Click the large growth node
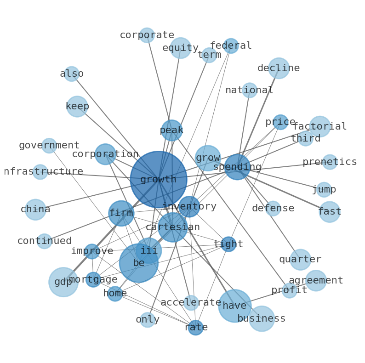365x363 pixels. (x=159, y=179)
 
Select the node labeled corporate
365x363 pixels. (x=147, y=35)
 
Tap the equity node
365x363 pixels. (x=180, y=48)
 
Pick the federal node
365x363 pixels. (x=231, y=46)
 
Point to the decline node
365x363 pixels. (x=279, y=68)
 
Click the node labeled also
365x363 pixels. (x=71, y=74)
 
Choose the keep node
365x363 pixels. (x=77, y=107)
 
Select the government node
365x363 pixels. (x=49, y=146)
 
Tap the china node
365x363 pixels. (x=35, y=210)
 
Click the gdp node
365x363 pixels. (x=63, y=282)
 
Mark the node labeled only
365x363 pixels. (x=148, y=320)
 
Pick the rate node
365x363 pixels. (x=196, y=328)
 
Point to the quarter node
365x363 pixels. (x=300, y=260)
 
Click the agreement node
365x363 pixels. (x=316, y=281)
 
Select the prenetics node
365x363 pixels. (x=330, y=162)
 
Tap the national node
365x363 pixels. (x=250, y=90)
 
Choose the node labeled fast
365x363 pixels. (x=330, y=212)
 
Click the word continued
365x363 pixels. (x=45, y=241)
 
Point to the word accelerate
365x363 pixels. (x=191, y=302)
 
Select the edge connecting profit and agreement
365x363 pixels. (x=302, y=285)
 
